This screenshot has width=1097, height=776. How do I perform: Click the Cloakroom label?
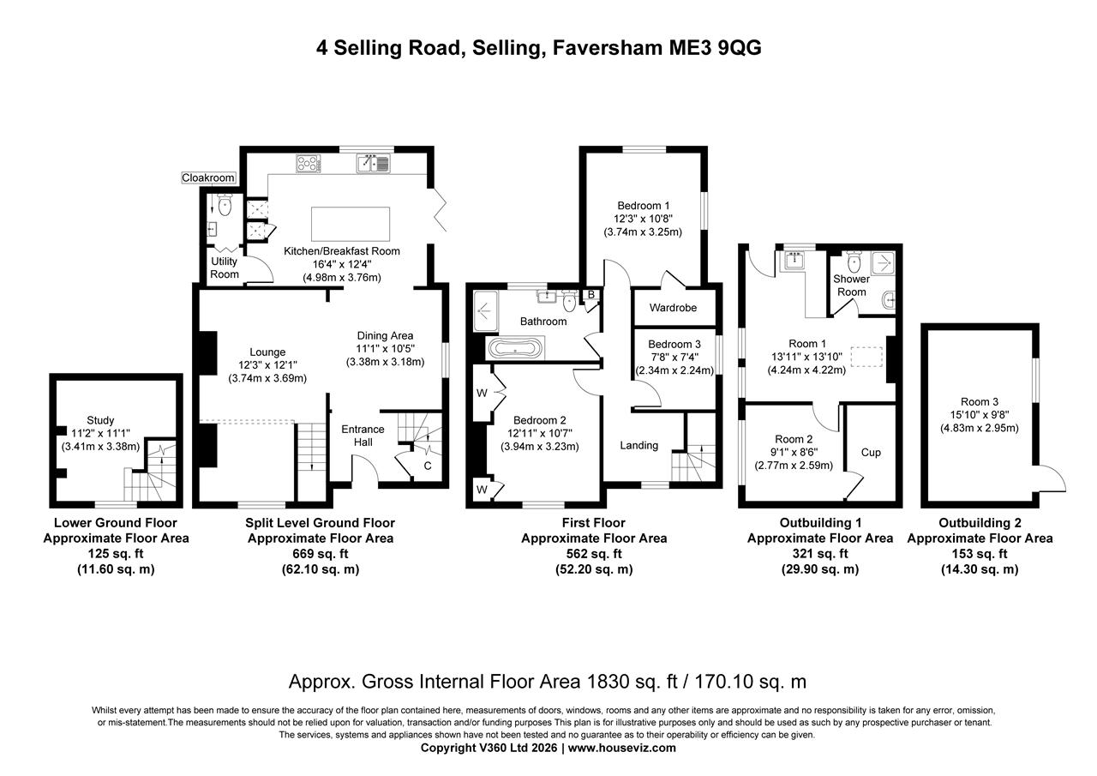click(x=208, y=177)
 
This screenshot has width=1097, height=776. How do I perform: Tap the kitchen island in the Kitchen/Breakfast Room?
click(x=350, y=223)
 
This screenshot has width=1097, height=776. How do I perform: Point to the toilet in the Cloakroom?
click(x=225, y=204)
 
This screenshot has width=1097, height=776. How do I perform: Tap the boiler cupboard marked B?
click(x=590, y=295)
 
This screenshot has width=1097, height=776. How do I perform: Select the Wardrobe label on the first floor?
click(x=673, y=308)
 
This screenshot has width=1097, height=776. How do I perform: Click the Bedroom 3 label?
click(x=674, y=344)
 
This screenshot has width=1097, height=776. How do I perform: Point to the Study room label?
click(x=100, y=420)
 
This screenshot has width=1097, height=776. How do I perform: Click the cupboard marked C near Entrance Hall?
click(x=427, y=466)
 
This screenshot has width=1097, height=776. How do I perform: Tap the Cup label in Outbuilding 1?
click(x=871, y=452)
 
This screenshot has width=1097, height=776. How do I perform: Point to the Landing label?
click(x=638, y=445)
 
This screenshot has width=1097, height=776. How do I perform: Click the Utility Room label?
click(x=225, y=268)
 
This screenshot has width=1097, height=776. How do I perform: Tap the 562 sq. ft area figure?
click(x=593, y=554)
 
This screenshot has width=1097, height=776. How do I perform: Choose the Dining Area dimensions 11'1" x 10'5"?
click(x=385, y=349)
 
